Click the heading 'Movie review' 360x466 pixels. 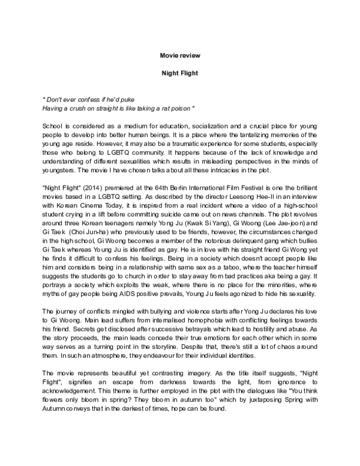click(180, 55)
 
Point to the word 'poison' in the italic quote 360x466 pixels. click(182, 108)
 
